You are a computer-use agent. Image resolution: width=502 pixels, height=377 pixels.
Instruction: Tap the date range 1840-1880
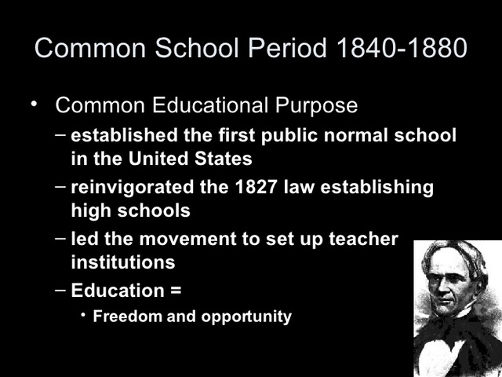(x=400, y=48)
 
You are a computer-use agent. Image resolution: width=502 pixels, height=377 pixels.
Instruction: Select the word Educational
(x=206, y=105)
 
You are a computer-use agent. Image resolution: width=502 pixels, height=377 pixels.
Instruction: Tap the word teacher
(x=366, y=239)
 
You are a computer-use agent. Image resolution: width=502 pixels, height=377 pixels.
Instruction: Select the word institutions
(x=123, y=262)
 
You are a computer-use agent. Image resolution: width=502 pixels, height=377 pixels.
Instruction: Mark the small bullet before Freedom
(x=83, y=317)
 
